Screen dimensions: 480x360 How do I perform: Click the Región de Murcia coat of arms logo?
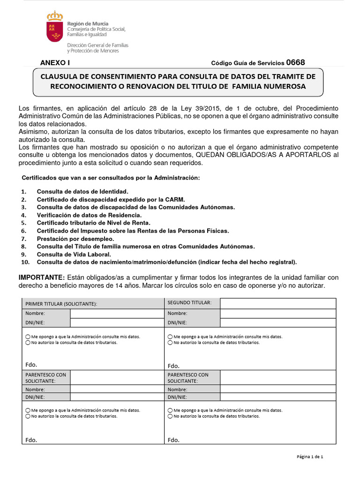point(55,27)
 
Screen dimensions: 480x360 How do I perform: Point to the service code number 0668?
point(295,62)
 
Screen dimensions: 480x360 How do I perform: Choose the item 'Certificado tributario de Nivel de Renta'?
point(93,223)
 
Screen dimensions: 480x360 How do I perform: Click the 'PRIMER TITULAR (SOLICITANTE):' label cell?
point(61,304)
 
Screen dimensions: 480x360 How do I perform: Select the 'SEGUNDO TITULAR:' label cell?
point(189,303)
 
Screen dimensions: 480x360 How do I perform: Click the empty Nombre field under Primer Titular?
point(117,314)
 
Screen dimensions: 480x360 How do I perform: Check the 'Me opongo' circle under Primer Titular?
point(28,337)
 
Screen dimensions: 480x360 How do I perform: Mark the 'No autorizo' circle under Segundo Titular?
point(171,343)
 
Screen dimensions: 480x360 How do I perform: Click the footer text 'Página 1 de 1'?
point(310,457)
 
